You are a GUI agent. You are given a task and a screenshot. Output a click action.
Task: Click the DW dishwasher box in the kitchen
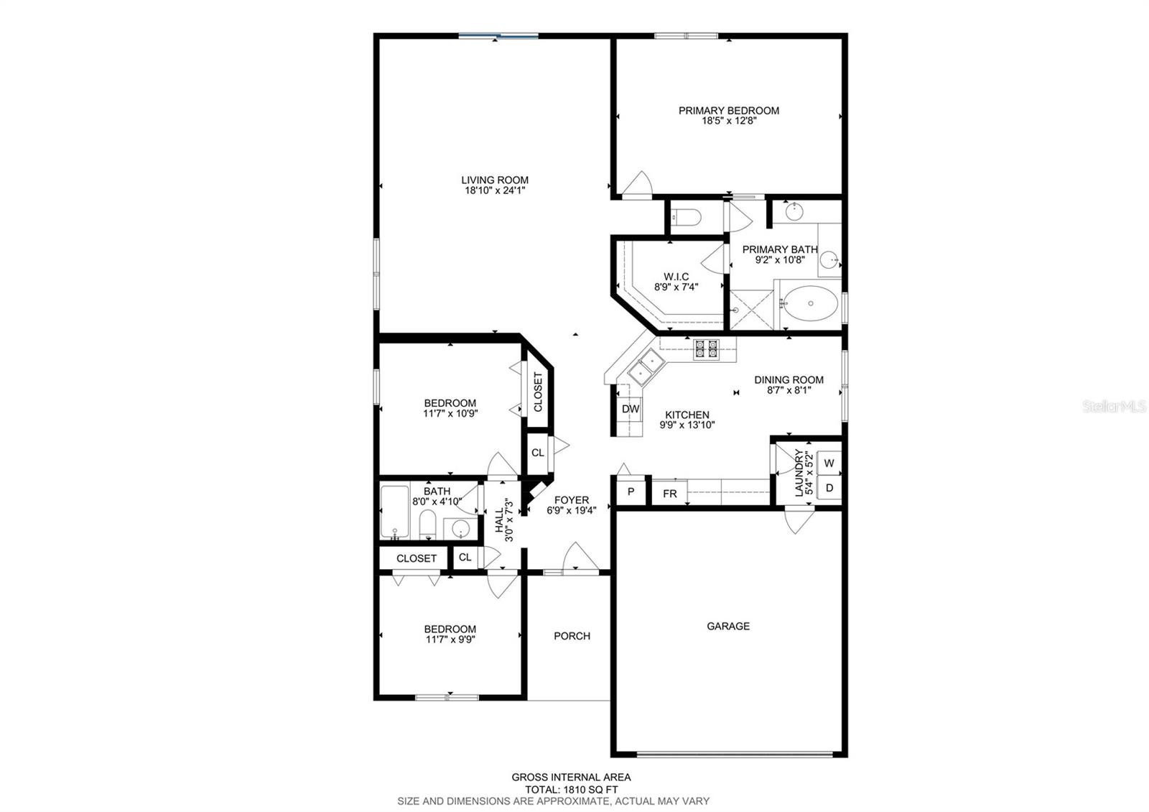pos(630,410)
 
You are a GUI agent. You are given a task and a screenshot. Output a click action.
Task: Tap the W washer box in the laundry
pos(829,463)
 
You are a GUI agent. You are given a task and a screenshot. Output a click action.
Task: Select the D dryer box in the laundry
pos(829,488)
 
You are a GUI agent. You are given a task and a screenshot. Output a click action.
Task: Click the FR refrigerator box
pos(669,494)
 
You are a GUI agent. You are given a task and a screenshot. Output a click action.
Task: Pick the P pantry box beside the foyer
pos(631,492)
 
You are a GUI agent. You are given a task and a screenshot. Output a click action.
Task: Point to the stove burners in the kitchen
pos(705,349)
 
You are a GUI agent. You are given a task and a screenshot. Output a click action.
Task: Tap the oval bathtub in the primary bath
pos(810,303)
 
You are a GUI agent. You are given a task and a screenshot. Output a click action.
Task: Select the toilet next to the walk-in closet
pos(687,216)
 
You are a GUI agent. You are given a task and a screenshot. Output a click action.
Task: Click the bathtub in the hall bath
pos(394,512)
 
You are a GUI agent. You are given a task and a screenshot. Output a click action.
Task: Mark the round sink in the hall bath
pos(460,529)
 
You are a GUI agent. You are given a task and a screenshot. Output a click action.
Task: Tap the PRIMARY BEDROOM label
pos(729,111)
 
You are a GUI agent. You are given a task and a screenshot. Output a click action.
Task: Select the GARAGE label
pos(728,626)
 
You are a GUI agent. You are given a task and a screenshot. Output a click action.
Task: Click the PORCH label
pos(572,636)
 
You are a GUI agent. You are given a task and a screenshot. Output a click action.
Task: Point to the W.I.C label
pos(676,277)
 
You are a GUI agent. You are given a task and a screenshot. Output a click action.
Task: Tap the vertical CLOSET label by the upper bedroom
pos(538,392)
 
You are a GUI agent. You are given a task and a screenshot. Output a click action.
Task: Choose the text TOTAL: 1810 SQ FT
pos(571,789)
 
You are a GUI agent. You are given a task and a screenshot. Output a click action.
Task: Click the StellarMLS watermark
pos(1113,407)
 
